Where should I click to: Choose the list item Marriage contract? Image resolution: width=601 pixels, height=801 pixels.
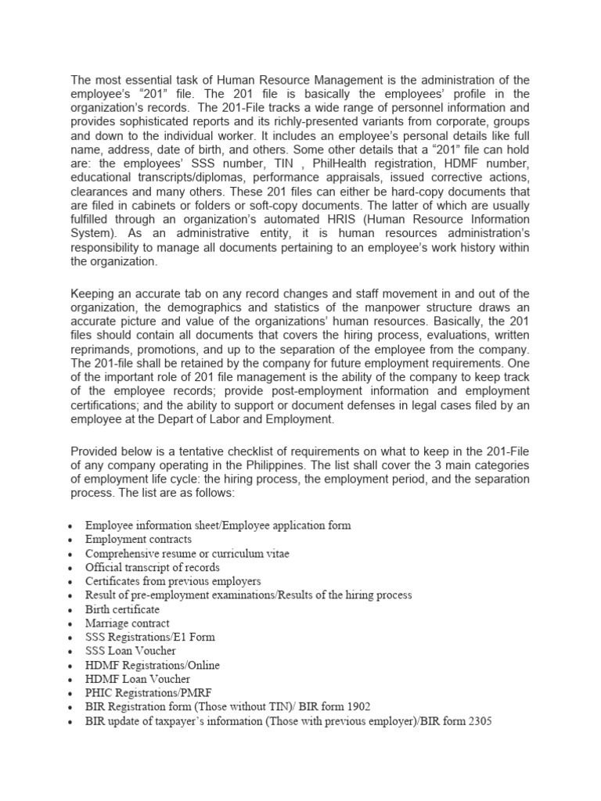(x=127, y=623)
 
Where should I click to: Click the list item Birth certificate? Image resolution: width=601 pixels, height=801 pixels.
(x=122, y=609)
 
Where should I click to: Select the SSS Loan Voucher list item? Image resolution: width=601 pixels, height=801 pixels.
(x=131, y=652)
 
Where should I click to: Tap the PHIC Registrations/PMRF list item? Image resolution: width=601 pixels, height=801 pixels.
(x=149, y=694)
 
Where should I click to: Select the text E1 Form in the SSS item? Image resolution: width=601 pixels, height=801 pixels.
(x=196, y=638)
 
